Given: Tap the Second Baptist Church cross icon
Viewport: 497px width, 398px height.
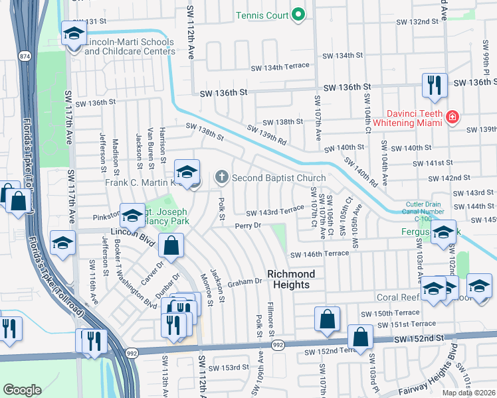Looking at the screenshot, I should [221, 177].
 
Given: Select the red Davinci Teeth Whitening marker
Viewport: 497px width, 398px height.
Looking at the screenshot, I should [452, 117].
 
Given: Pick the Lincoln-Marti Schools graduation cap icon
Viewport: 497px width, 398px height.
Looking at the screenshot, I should [73, 33].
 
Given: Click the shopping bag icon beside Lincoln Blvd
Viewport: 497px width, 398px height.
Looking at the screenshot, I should [172, 245].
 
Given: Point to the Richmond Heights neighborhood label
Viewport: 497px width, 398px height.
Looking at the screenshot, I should [288, 279].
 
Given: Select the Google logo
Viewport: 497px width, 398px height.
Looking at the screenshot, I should [22, 389].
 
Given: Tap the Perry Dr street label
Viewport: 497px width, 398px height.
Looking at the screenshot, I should [249, 226].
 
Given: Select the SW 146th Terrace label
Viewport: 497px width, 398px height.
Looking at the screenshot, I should [319, 254].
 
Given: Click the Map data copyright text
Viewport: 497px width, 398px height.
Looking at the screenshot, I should [468, 393].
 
